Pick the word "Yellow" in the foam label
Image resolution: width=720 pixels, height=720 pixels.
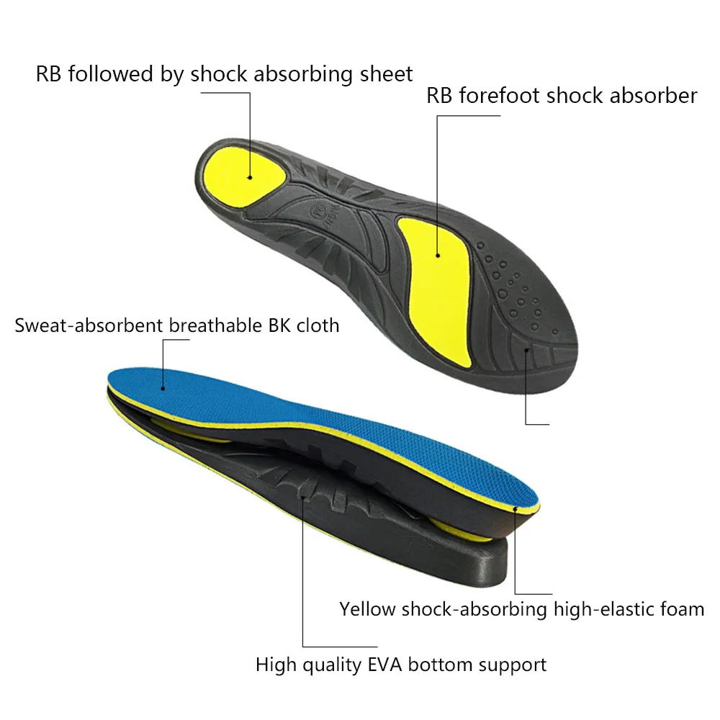367,609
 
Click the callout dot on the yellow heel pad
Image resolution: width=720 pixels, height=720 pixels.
249,176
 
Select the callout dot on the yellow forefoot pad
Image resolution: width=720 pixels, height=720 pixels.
437,254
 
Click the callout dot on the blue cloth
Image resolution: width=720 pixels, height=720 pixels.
163,387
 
